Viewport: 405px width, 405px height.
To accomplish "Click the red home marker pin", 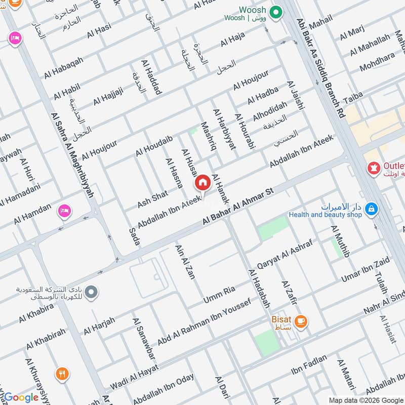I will [x=202, y=182].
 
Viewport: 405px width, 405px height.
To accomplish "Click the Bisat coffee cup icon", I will [x=301, y=321].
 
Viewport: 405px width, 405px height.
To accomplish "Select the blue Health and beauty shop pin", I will [x=372, y=208].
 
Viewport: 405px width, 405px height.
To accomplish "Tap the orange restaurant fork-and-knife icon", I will [x=63, y=374].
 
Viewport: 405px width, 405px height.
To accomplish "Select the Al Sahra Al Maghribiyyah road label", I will [x=73, y=154].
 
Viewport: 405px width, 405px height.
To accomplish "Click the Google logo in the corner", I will [x=21, y=397].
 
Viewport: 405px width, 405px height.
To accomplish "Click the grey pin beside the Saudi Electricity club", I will [x=91, y=292].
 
